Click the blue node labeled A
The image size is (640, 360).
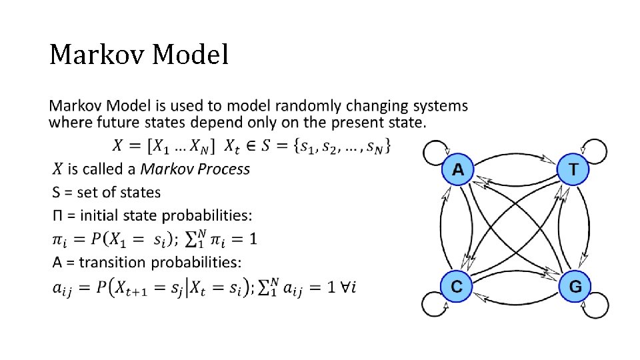coord(458,170)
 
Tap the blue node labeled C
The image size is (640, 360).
coord(457,287)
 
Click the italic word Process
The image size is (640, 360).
coord(223,169)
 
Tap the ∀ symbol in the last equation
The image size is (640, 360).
coord(347,285)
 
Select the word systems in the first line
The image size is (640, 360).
coord(439,106)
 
